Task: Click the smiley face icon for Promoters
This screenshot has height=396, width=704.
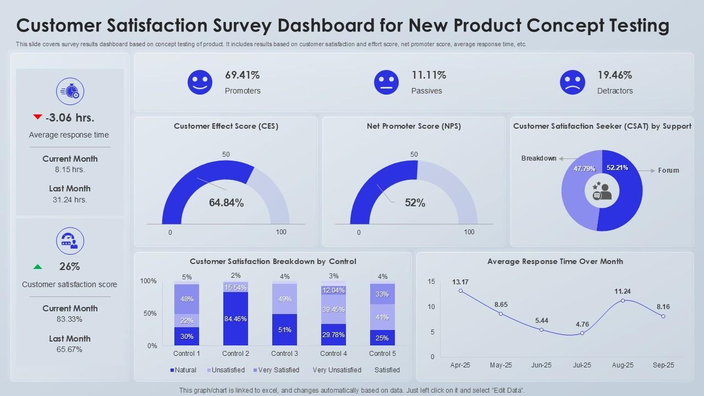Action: click(200, 82)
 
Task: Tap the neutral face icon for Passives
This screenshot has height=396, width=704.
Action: click(386, 82)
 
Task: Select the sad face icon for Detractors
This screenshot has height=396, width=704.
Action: click(572, 82)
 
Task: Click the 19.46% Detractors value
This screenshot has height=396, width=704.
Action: click(614, 75)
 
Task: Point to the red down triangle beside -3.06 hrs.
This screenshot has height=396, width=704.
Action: click(37, 117)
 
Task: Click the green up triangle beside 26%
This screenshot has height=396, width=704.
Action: click(37, 267)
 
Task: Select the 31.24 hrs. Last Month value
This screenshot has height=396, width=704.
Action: click(70, 200)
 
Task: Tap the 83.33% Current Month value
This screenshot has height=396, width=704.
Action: click(70, 319)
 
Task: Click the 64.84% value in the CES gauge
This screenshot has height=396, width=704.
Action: click(226, 203)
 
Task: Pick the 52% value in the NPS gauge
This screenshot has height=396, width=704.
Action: click(415, 203)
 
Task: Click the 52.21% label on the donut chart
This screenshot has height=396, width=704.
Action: click(617, 168)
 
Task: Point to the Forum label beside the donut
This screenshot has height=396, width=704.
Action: click(668, 170)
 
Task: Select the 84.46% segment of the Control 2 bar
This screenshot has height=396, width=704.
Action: click(235, 319)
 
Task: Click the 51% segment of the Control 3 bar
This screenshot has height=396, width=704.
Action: click(285, 330)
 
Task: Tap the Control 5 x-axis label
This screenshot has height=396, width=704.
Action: click(382, 353)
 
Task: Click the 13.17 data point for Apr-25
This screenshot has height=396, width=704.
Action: click(460, 291)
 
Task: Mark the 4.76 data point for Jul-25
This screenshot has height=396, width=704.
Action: click(582, 333)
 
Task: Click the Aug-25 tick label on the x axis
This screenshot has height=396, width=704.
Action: click(623, 365)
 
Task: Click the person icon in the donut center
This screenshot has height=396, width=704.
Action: click(602, 191)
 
